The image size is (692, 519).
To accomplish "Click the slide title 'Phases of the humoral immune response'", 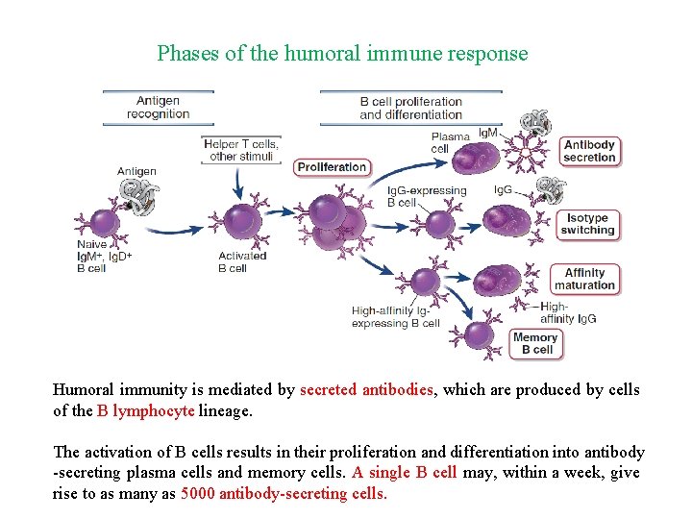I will click(342, 53).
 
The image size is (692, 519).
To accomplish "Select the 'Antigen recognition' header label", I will click(158, 108).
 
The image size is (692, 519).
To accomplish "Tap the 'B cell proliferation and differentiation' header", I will click(410, 108).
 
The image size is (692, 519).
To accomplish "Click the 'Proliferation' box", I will click(332, 167).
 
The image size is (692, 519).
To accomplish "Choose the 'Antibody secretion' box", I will click(589, 152).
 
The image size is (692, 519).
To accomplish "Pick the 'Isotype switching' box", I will click(587, 225).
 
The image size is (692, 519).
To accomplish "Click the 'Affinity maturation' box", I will click(584, 280).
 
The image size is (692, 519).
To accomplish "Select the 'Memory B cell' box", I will click(535, 343).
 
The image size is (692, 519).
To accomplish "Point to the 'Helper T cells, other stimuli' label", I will click(241, 150).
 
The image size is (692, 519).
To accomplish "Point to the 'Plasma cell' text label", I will click(440, 143).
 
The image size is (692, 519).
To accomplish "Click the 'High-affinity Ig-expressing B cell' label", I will click(395, 317).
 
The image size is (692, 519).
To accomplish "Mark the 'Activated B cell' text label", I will click(241, 262).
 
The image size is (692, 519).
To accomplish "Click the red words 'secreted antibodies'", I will click(367, 390).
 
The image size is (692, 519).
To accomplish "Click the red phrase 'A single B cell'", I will click(405, 473).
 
